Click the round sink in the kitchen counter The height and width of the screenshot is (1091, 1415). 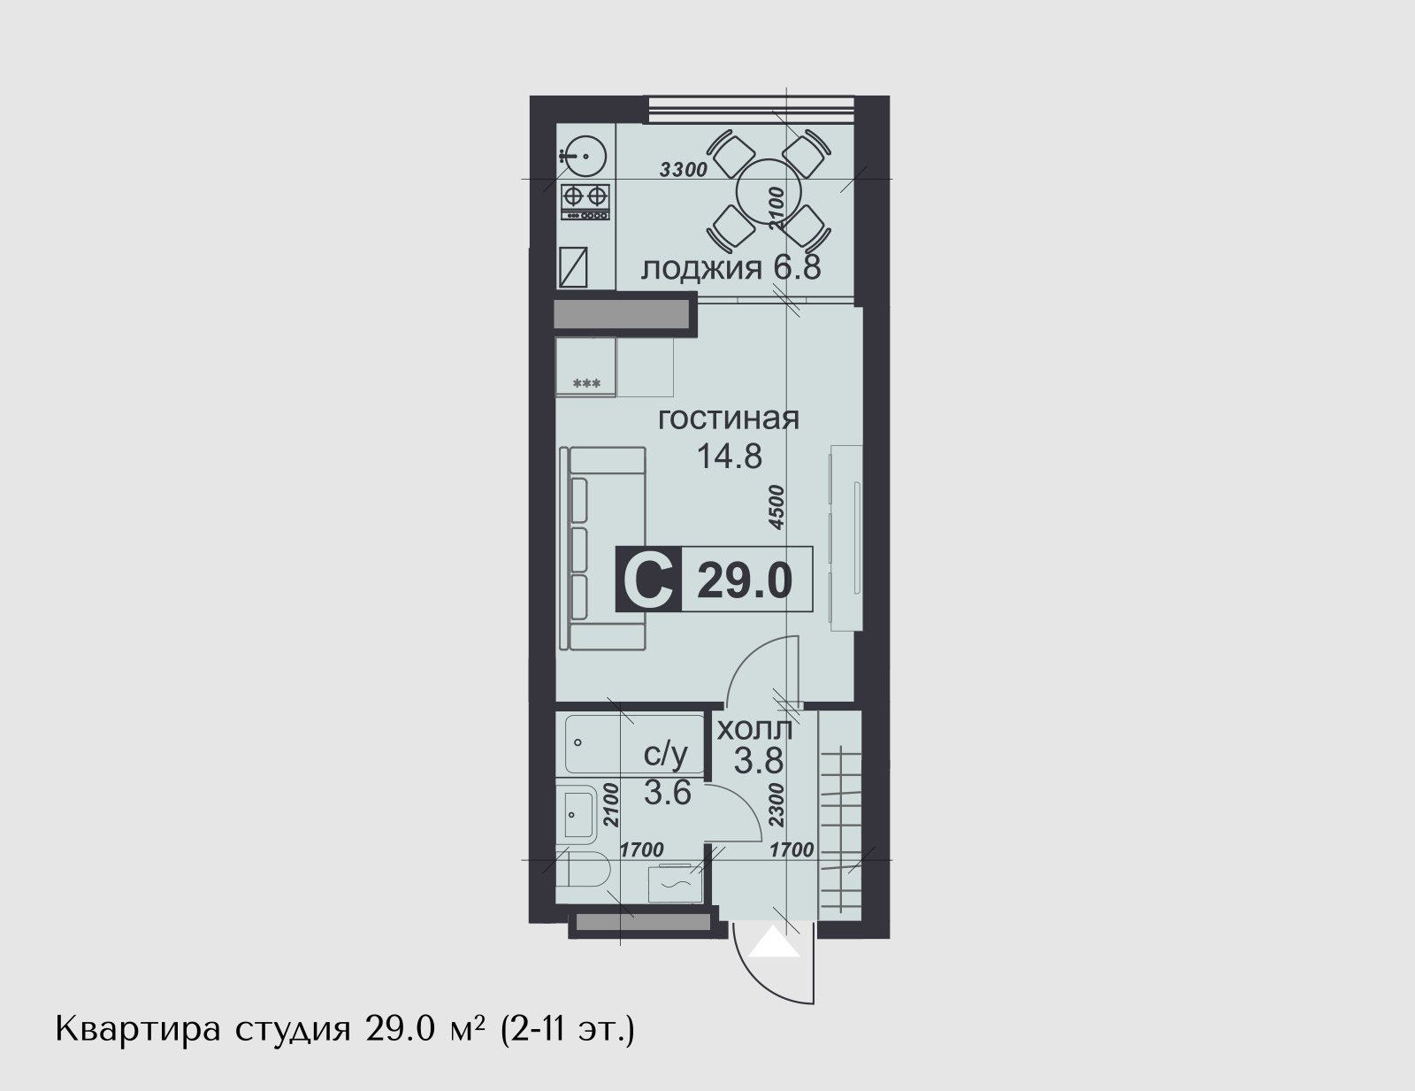583,157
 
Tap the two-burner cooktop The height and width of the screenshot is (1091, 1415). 585,202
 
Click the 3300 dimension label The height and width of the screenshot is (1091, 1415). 683,170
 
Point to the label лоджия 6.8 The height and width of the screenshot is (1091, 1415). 730,268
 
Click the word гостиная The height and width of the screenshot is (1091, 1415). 729,419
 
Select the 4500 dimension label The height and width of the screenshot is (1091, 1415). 776,507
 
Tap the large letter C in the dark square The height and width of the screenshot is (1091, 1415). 648,580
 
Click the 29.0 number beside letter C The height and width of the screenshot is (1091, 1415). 745,581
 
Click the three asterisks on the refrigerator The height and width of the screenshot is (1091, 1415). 586,384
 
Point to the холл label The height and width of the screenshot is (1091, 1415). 754,729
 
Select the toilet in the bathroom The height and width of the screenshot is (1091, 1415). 583,869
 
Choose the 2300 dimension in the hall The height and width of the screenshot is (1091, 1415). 776,805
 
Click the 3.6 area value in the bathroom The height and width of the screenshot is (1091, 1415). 667,794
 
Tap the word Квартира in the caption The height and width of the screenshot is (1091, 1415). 138,1031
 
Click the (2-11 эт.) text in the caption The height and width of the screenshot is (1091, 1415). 567,1030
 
